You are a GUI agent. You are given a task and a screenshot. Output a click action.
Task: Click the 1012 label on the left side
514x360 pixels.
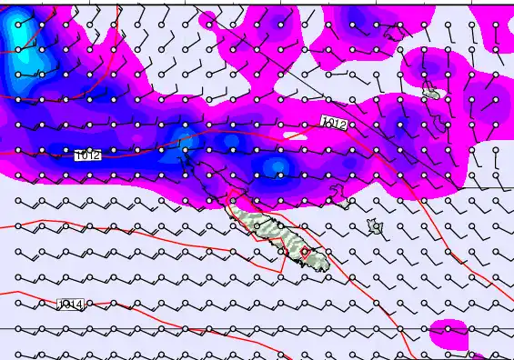click(88, 155)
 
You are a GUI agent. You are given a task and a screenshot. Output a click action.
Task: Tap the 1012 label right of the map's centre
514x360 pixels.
click(334, 123)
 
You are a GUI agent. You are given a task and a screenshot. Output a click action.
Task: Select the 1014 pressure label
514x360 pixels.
click(70, 305)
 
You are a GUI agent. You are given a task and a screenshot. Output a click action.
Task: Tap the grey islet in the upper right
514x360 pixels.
click(431, 93)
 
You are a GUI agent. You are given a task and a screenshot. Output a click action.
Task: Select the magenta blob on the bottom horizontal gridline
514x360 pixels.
click(448, 333)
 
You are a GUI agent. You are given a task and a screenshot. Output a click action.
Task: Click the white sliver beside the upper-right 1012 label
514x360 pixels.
click(296, 135)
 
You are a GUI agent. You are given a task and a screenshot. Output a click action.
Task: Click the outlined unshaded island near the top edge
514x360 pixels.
click(394, 34)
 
